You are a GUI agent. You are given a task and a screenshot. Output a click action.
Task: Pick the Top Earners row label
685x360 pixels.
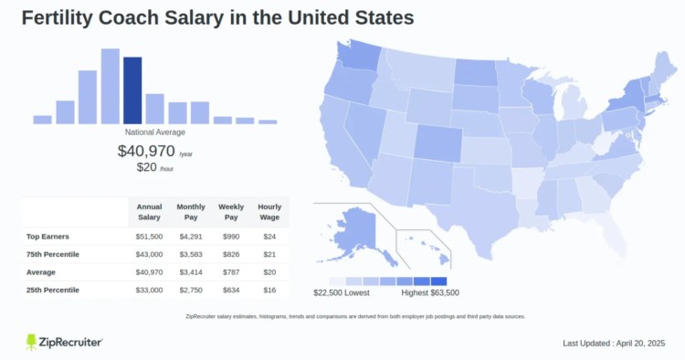point(47,236)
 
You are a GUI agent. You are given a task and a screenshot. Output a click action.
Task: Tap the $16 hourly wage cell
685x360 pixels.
point(269,290)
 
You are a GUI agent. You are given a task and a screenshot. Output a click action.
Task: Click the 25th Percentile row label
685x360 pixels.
point(52,290)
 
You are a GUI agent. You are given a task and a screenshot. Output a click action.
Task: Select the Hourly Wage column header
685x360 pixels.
point(269,212)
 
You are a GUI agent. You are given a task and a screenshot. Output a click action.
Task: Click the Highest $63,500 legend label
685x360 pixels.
point(429,293)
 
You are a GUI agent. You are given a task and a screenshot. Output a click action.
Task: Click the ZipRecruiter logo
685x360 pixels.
point(65,342)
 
